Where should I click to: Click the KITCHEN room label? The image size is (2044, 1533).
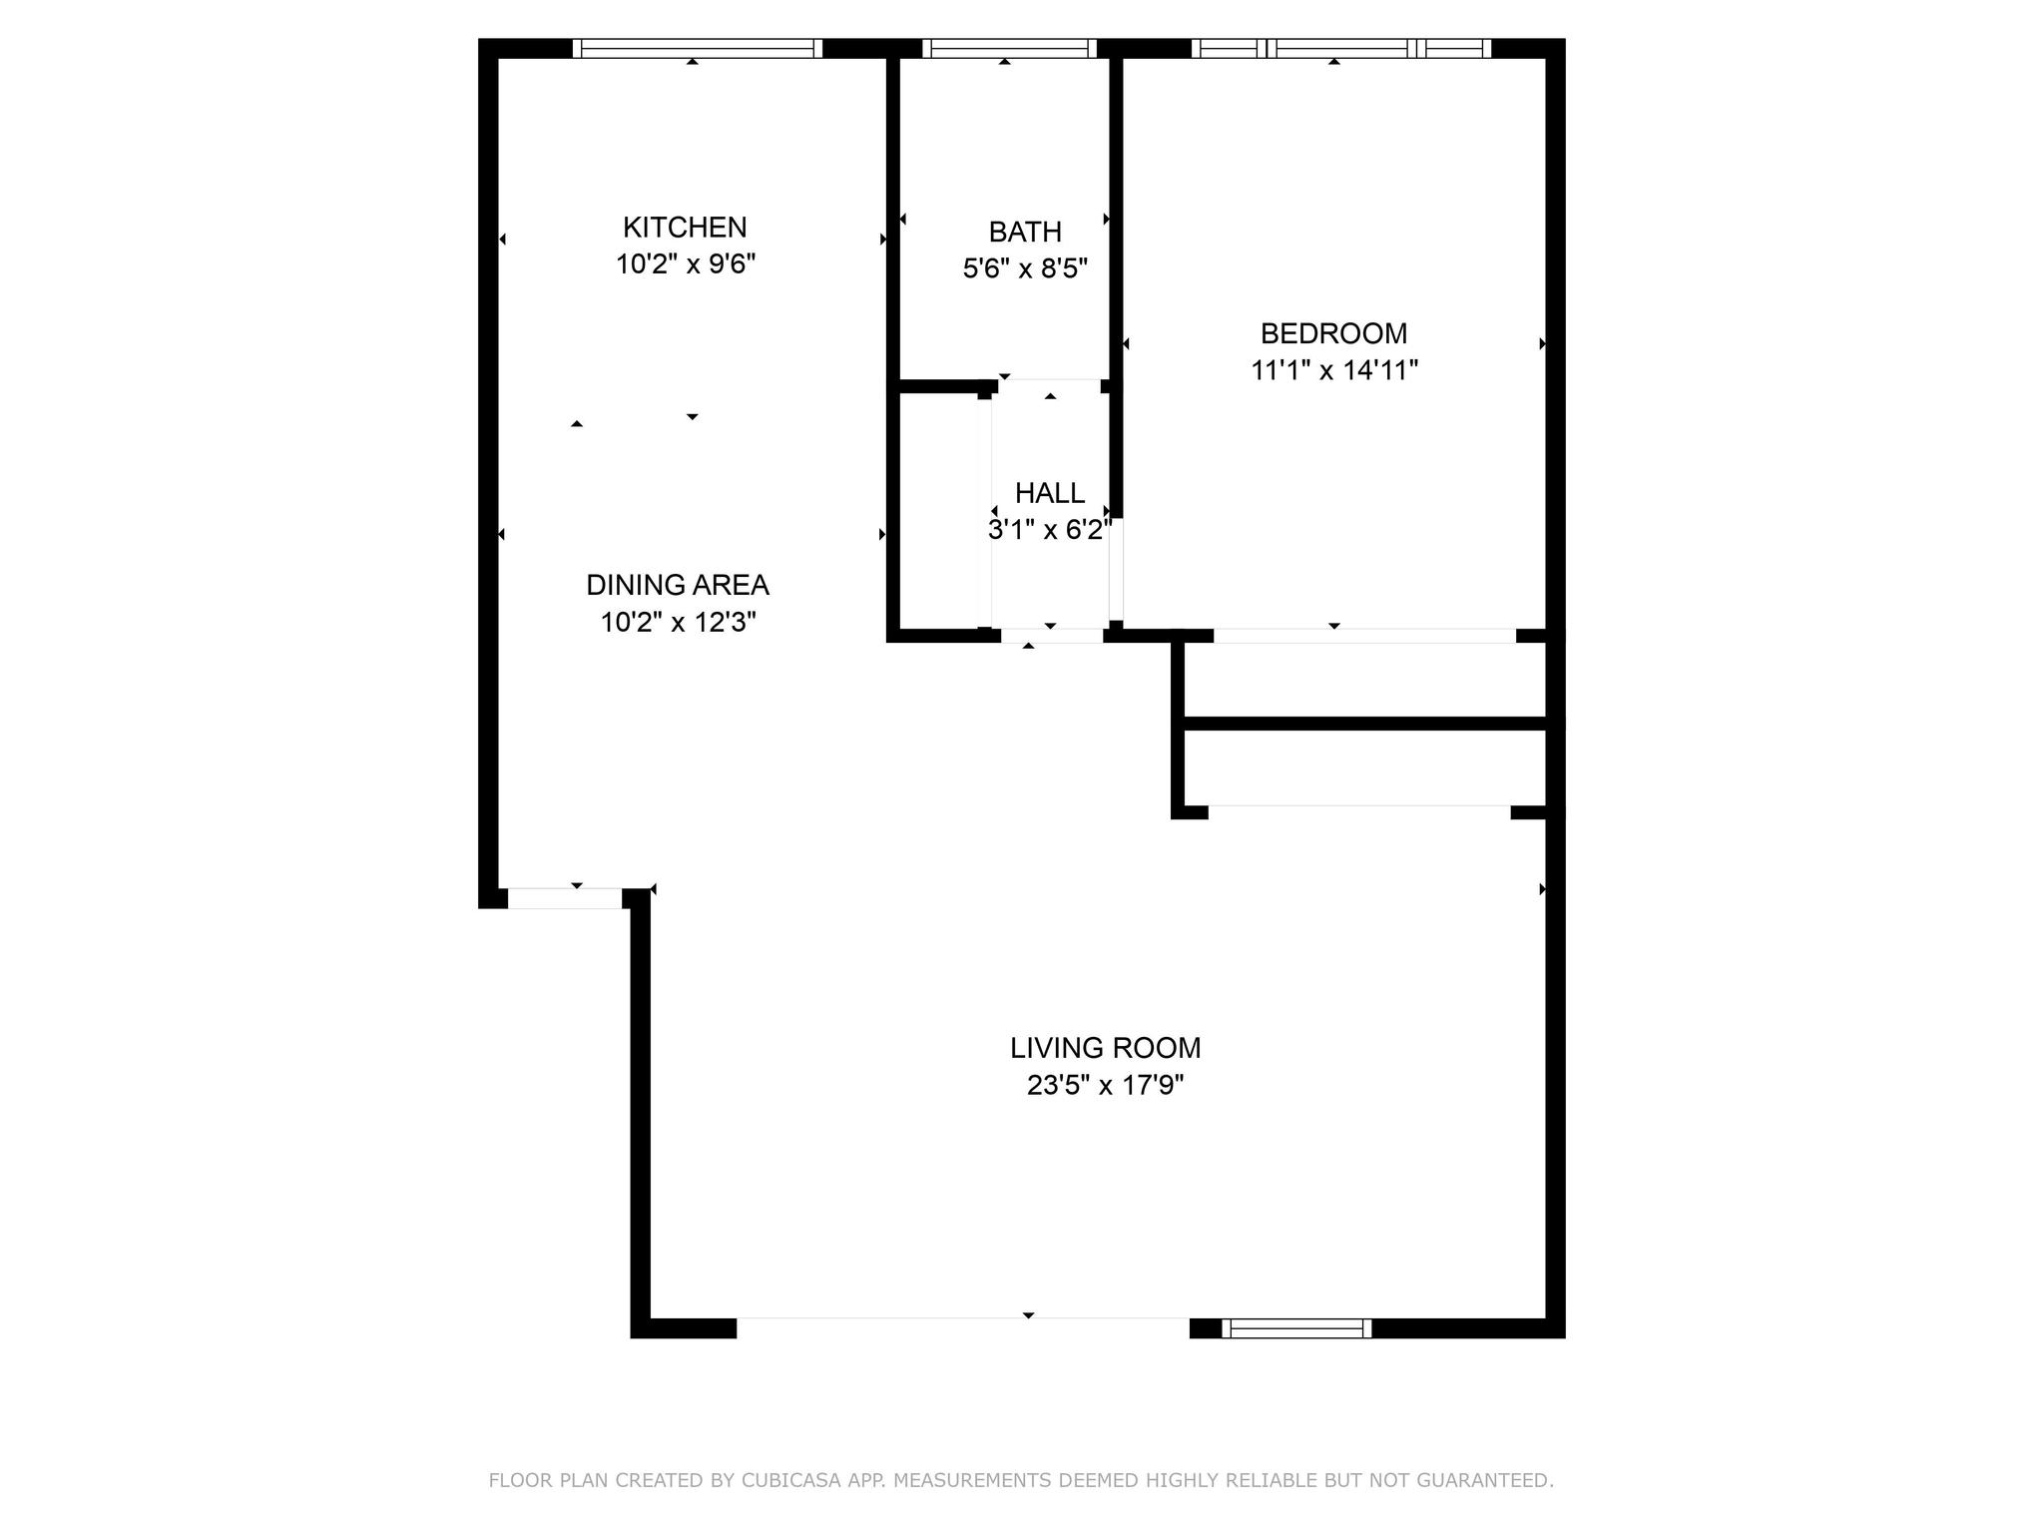pyautogui.click(x=685, y=228)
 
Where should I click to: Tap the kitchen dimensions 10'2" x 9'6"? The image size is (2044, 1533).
pyautogui.click(x=686, y=264)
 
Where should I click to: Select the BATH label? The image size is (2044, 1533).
pyautogui.click(x=1025, y=232)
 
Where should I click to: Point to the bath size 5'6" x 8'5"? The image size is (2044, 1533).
pyautogui.click(x=1025, y=268)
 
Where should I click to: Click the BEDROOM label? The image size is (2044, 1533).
pyautogui.click(x=1334, y=333)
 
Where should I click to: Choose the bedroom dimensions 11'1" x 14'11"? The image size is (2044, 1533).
pyautogui.click(x=1334, y=370)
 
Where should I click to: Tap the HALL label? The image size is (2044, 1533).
pyautogui.click(x=1050, y=493)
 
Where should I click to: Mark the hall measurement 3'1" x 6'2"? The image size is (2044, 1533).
pyautogui.click(x=1050, y=530)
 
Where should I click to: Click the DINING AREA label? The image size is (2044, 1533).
pyautogui.click(x=678, y=585)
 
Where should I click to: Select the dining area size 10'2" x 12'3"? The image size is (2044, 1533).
pyautogui.click(x=678, y=623)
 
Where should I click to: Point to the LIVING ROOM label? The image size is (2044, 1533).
pyautogui.click(x=1106, y=1048)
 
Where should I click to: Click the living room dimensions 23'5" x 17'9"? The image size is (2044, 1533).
pyautogui.click(x=1106, y=1085)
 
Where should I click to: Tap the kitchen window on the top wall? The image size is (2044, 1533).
pyautogui.click(x=698, y=48)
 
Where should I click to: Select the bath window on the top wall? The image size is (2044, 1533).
pyautogui.click(x=1010, y=48)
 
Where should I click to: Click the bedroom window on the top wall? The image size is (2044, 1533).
pyautogui.click(x=1341, y=48)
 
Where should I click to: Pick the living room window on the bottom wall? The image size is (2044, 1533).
pyautogui.click(x=1297, y=1328)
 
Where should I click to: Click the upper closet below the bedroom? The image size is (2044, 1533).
pyautogui.click(x=1364, y=680)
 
